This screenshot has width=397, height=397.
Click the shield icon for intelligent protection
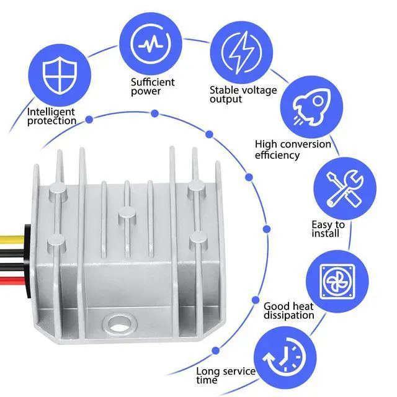pos(60,75)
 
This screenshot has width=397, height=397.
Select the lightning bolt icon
pos(241,53)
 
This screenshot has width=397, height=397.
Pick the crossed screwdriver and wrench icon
pos(345,189)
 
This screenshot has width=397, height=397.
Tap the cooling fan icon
pos(337,281)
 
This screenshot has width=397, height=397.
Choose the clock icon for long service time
pos(284,357)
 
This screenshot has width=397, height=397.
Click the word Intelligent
pos(51,112)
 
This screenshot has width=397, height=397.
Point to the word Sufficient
pos(153,82)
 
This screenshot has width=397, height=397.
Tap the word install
pos(325,233)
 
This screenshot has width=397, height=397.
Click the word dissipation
pos(289,315)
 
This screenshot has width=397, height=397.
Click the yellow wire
pos(12,239)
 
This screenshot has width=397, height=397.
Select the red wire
pos(12,281)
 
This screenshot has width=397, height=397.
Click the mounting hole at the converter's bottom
pos(119,324)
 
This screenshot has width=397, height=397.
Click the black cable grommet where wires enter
pos(28,261)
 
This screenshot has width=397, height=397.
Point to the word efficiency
pos(277,155)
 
